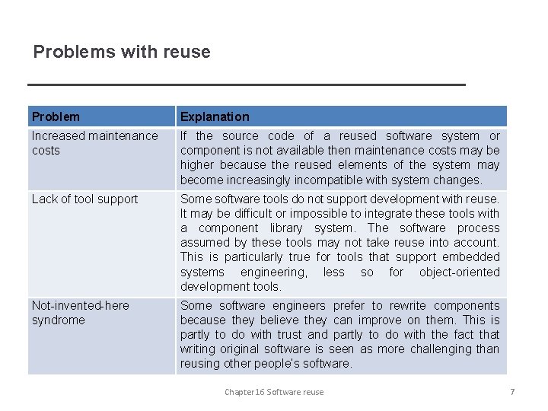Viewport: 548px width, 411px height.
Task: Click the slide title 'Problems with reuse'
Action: click(122, 52)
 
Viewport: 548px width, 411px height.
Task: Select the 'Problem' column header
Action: click(56, 116)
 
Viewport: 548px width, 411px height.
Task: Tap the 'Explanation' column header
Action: click(215, 116)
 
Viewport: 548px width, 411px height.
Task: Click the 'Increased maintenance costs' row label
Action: click(94, 143)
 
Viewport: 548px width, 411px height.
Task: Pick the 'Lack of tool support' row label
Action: click(84, 199)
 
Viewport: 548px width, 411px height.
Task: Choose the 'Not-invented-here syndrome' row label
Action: click(81, 313)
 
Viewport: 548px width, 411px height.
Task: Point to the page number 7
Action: click(512, 392)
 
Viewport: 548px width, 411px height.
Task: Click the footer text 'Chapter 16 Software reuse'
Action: click(274, 392)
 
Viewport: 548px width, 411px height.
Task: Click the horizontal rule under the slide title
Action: click(246, 84)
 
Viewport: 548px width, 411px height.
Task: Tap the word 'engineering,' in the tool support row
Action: click(274, 272)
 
